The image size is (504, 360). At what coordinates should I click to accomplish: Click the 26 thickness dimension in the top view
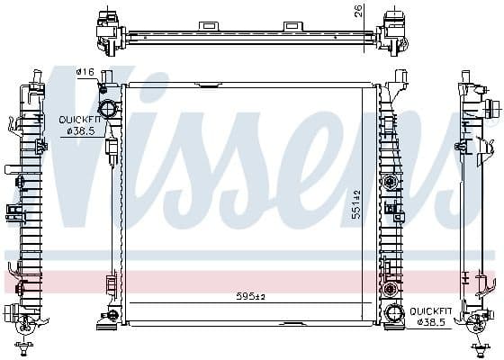(x=357, y=11)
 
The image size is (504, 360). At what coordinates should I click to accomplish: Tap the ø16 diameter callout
(x=86, y=72)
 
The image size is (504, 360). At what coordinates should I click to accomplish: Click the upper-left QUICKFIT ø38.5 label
(x=79, y=125)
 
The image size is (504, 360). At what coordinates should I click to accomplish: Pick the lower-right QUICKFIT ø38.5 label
(x=429, y=315)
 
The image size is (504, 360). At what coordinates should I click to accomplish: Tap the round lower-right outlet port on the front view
(x=393, y=313)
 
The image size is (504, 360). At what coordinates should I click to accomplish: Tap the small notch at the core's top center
(x=207, y=85)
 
